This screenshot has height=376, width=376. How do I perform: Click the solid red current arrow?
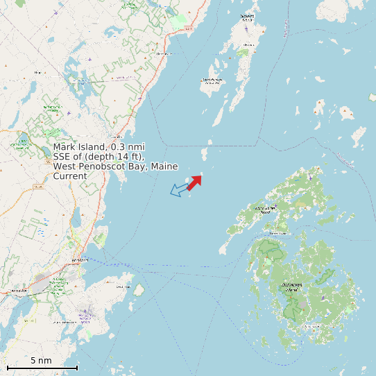[194, 182]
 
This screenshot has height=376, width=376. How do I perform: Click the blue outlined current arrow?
[179, 189]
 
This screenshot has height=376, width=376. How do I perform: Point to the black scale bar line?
[42, 367]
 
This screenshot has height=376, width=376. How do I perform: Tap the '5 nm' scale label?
[41, 361]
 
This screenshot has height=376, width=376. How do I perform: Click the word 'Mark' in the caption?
[64, 148]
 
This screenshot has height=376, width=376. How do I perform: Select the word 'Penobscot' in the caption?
[98, 167]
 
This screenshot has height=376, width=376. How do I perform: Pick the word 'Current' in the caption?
[70, 177]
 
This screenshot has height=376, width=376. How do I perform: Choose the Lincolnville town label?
[164, 53]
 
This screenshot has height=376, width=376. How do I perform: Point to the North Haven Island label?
[266, 209]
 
